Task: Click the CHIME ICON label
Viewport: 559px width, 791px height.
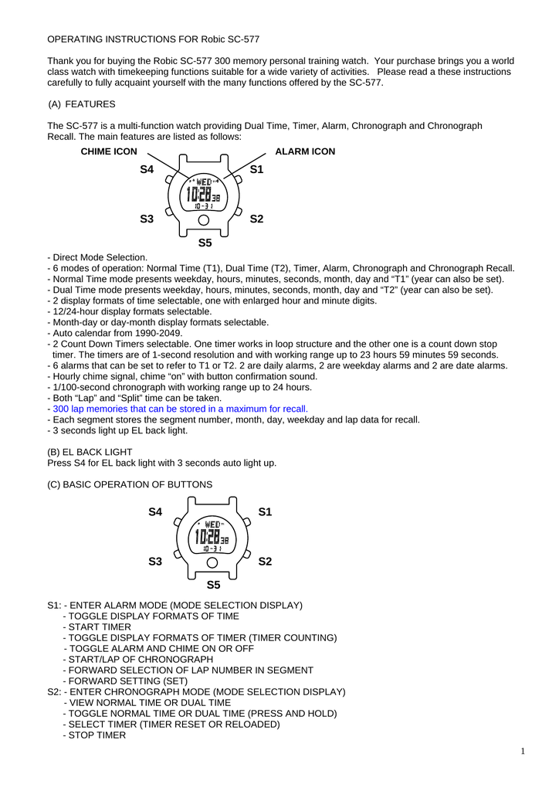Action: click(x=109, y=152)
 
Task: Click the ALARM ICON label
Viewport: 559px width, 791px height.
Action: click(x=305, y=152)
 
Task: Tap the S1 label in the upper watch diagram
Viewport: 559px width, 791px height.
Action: click(x=257, y=169)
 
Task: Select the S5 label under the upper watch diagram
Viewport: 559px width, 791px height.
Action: click(x=205, y=243)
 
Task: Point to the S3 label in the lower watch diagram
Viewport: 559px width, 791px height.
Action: click(x=155, y=562)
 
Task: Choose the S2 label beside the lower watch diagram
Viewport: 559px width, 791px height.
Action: click(x=265, y=562)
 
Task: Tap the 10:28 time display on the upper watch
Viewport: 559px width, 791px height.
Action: click(x=202, y=195)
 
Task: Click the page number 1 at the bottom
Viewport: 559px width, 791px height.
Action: click(x=523, y=751)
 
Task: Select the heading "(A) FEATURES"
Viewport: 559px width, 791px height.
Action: click(x=82, y=104)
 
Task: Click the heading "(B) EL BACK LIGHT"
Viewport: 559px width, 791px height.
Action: click(x=90, y=452)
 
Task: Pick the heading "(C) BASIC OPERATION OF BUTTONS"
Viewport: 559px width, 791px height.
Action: click(x=130, y=484)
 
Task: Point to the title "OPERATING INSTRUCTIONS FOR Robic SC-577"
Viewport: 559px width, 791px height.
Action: click(x=154, y=39)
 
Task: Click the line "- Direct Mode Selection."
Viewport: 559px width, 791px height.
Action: click(x=97, y=257)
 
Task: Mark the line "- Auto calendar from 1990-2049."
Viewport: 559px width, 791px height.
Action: click(x=115, y=333)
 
